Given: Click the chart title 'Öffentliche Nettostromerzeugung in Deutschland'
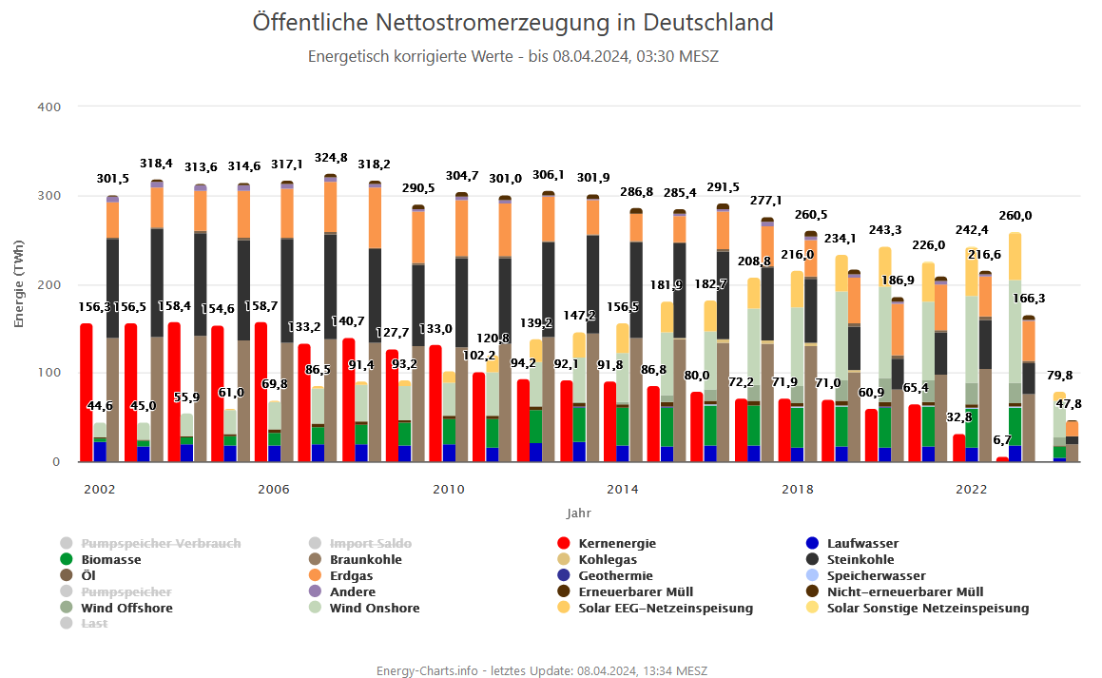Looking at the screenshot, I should [512, 22].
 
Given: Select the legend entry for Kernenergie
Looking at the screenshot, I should [616, 544].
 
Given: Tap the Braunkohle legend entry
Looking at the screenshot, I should [365, 560].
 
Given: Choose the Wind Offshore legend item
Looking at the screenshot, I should [126, 608].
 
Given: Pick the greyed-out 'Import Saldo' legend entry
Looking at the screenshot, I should [370, 544].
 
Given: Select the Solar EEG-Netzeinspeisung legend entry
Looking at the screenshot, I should [665, 608].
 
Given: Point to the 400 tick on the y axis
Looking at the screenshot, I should [49, 107].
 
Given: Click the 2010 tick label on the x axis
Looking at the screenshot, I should [448, 490].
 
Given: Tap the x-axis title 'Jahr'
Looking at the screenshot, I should [578, 513].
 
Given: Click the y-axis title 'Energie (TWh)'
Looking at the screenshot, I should [19, 284].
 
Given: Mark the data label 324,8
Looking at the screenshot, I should [330, 158].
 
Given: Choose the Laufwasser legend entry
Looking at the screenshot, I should [862, 544].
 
